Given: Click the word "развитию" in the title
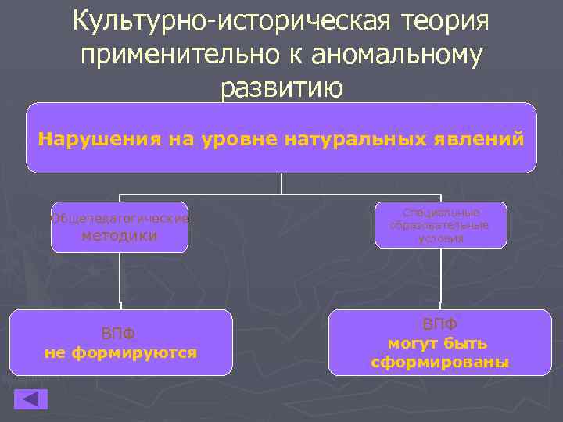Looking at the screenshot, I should [x=281, y=88].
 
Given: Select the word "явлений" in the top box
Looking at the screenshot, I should [x=481, y=140].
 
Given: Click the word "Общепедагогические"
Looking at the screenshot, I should [x=120, y=219].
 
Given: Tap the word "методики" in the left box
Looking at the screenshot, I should [x=120, y=235].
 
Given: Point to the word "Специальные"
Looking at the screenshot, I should [x=440, y=213].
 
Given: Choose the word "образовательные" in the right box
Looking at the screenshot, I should [x=440, y=225].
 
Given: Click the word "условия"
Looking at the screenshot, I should [x=440, y=238].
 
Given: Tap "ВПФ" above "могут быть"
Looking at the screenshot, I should [x=440, y=324].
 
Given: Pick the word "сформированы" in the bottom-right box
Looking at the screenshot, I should [x=440, y=363].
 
